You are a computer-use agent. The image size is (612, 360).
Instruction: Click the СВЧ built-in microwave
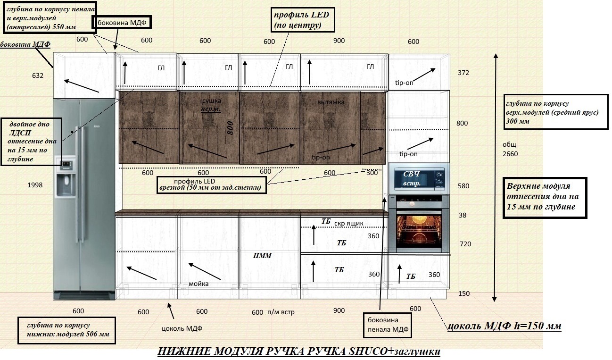pyautogui.click(x=419, y=179)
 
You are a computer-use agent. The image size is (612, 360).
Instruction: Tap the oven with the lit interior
pyautogui.click(x=419, y=224)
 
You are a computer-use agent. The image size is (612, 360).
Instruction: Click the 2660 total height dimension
pyautogui.click(x=510, y=154)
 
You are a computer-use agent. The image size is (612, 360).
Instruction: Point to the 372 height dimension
pyautogui.click(x=463, y=73)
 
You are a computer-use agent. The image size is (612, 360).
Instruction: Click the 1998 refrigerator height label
pyautogui.click(x=35, y=185)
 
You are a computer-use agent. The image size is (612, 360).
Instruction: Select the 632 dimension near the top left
pyautogui.click(x=38, y=75)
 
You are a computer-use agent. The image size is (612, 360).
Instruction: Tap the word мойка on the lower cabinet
pyautogui.click(x=198, y=284)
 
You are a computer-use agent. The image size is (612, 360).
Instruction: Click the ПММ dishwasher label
pyautogui.click(x=262, y=256)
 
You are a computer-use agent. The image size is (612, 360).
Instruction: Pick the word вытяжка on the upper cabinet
pyautogui.click(x=331, y=102)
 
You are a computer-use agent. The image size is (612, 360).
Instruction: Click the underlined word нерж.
pyautogui.click(x=211, y=109)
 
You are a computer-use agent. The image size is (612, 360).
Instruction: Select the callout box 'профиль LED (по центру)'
pyautogui.click(x=303, y=20)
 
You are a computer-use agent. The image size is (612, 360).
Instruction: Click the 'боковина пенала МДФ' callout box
pyautogui.click(x=388, y=325)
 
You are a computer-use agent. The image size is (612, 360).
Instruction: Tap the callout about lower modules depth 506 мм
pyautogui.click(x=66, y=330)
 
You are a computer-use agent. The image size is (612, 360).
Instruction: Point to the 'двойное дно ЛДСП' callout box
pyautogui.click(x=32, y=142)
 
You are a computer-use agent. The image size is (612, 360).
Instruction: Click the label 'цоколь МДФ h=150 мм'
pyautogui.click(x=504, y=326)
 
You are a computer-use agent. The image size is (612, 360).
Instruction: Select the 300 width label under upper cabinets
pyautogui.click(x=372, y=173)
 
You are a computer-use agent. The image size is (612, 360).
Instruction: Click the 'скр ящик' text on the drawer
pyautogui.click(x=349, y=224)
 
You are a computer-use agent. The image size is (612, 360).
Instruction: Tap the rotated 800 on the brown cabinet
pyautogui.click(x=230, y=128)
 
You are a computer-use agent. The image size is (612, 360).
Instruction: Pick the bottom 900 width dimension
pyautogui.click(x=339, y=310)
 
